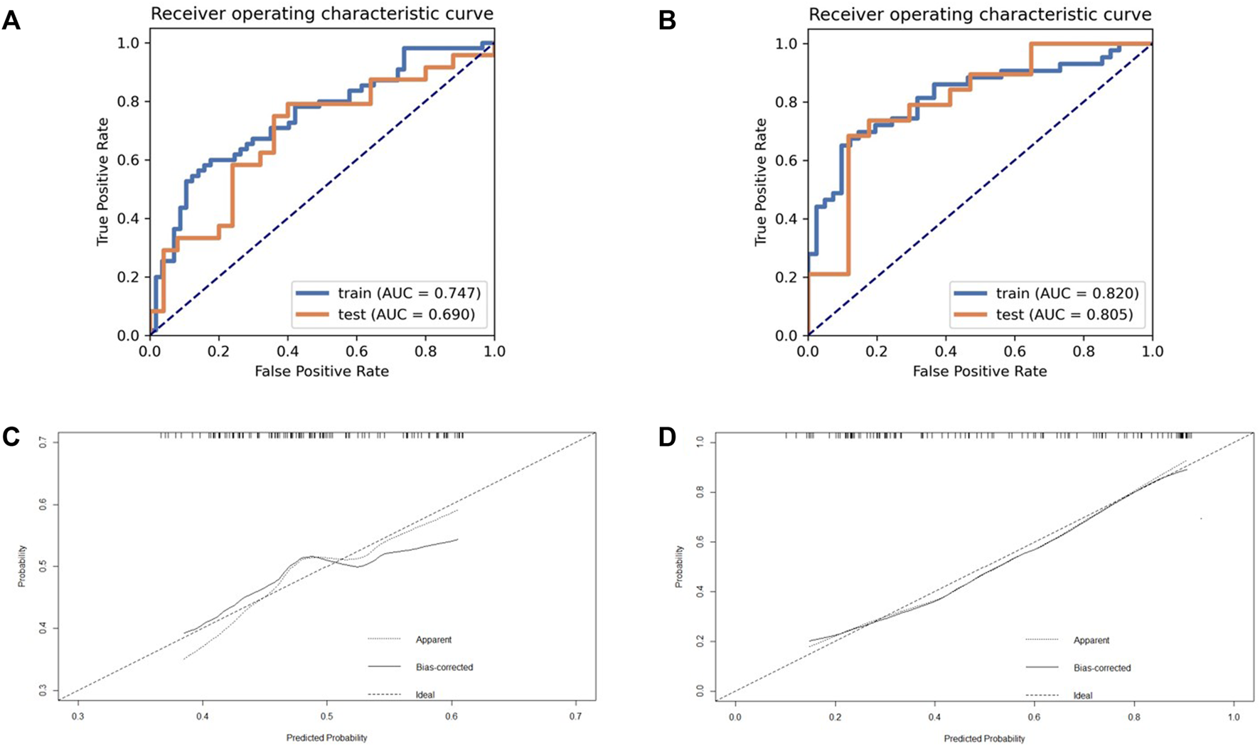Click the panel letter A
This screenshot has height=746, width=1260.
11,21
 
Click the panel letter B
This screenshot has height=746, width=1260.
668,21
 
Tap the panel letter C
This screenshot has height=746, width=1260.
11,436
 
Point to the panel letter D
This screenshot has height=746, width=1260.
668,436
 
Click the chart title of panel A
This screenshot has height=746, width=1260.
322,14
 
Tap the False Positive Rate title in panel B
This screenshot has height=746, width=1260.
980,371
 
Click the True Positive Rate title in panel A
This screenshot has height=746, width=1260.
104,181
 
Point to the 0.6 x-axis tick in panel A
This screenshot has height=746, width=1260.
357,351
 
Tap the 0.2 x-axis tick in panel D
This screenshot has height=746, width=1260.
835,717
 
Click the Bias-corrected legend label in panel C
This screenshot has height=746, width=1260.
444,667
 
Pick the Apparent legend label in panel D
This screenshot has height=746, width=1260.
1091,640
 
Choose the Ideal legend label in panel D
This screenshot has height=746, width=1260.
1083,696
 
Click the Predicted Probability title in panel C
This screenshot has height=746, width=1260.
327,737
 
